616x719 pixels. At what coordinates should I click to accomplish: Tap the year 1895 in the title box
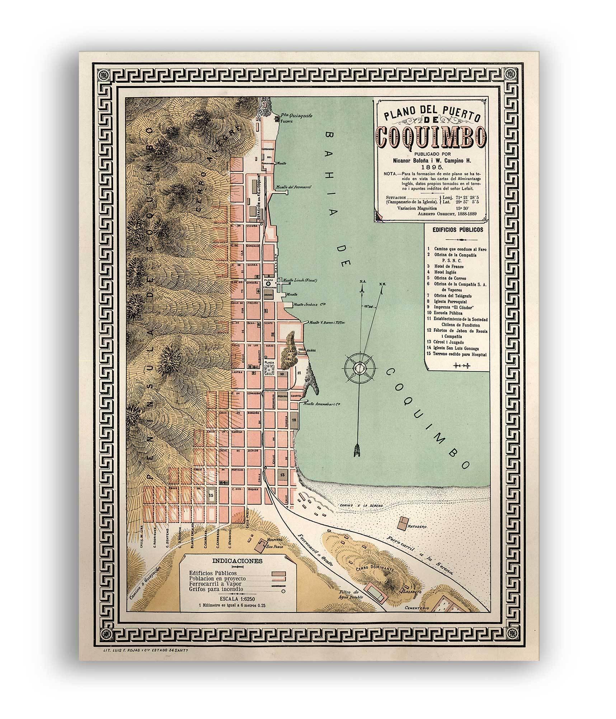click(x=432, y=167)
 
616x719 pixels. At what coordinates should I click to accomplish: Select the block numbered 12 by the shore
click(x=294, y=419)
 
